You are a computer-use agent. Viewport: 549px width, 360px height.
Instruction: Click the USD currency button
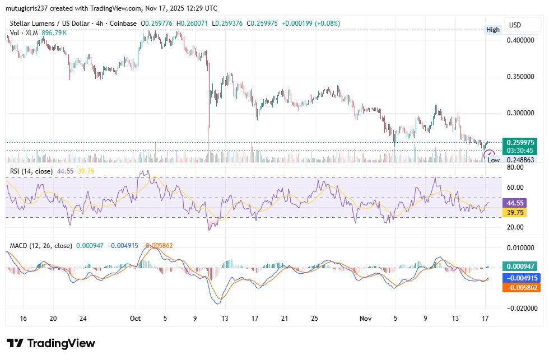[514, 25]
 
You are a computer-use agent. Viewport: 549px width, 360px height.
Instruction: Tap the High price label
[493, 30]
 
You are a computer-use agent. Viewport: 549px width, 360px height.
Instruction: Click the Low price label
[493, 160]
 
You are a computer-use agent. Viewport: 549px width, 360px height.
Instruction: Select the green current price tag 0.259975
[522, 143]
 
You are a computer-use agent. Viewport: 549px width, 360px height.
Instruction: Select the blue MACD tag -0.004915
[522, 278]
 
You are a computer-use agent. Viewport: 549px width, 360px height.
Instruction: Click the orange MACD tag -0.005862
[522, 287]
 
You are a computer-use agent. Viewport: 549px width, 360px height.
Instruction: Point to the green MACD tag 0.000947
[522, 267]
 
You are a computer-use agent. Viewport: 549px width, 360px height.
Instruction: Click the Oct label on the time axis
[135, 319]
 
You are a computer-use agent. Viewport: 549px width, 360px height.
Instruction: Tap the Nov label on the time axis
[365, 319]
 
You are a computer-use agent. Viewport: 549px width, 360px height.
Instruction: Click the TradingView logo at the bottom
[51, 343]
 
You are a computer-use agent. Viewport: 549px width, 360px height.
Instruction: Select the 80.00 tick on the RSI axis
[514, 167]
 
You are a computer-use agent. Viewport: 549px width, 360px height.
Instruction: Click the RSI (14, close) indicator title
[31, 171]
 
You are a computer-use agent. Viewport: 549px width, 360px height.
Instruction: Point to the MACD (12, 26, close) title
[40, 245]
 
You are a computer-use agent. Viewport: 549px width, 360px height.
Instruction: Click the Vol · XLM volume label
[24, 33]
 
